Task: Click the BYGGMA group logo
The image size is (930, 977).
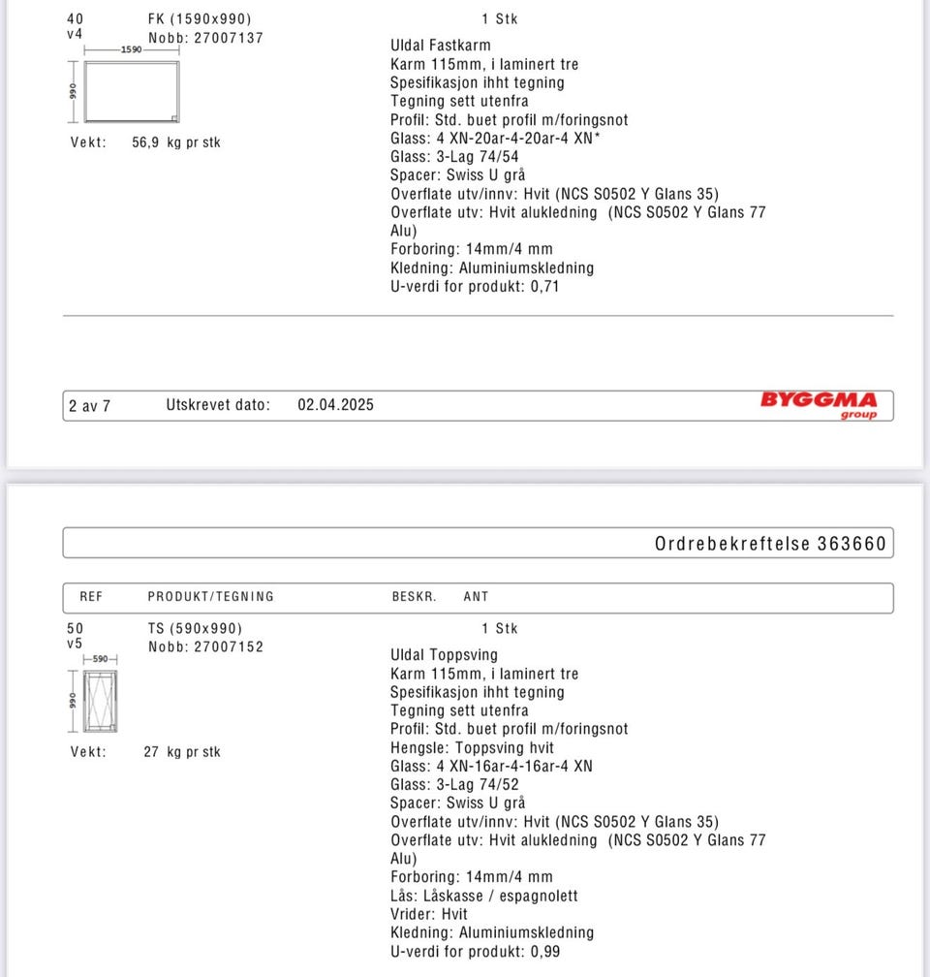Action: (x=819, y=405)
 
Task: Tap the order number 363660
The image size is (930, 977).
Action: (x=852, y=544)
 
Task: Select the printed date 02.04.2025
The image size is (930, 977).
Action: (x=335, y=405)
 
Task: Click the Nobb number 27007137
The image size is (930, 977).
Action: (x=227, y=38)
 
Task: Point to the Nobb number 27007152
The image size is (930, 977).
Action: (x=227, y=646)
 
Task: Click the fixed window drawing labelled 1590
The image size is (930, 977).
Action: (x=131, y=91)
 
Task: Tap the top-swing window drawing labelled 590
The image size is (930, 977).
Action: (x=100, y=700)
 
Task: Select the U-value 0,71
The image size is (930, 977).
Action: (x=544, y=287)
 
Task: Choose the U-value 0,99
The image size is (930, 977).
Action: (x=544, y=952)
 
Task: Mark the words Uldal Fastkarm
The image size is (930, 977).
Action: (x=441, y=46)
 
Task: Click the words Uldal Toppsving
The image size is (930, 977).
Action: (x=444, y=655)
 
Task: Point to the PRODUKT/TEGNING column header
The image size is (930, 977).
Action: (x=211, y=597)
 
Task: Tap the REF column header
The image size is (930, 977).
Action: (x=91, y=597)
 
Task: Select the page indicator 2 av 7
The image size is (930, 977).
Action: (x=89, y=406)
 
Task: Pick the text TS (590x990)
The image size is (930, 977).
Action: (x=195, y=628)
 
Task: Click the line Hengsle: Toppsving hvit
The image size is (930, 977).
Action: (x=473, y=747)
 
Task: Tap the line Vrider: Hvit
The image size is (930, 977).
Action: (x=429, y=914)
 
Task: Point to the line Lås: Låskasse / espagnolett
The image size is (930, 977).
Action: (x=484, y=896)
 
